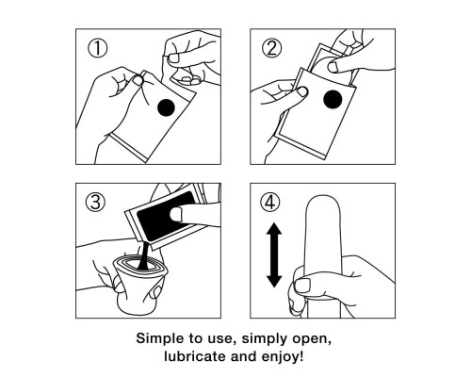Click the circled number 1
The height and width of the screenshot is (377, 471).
click(97, 48)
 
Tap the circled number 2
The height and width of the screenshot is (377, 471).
click(272, 48)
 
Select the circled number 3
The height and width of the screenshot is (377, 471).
click(95, 202)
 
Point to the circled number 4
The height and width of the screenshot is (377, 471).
click(270, 202)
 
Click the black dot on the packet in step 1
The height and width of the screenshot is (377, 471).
click(166, 107)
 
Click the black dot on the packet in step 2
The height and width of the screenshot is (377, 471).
click(333, 99)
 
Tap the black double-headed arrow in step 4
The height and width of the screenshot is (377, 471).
click(274, 254)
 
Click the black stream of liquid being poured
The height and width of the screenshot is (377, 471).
click(144, 255)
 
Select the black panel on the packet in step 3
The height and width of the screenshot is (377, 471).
click(165, 217)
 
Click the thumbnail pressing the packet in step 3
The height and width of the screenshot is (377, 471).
click(176, 214)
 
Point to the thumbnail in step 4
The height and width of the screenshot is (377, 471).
click(302, 285)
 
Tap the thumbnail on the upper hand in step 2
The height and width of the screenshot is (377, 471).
click(333, 67)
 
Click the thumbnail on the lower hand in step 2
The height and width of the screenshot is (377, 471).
click(302, 91)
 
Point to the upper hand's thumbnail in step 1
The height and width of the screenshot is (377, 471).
click(173, 57)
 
